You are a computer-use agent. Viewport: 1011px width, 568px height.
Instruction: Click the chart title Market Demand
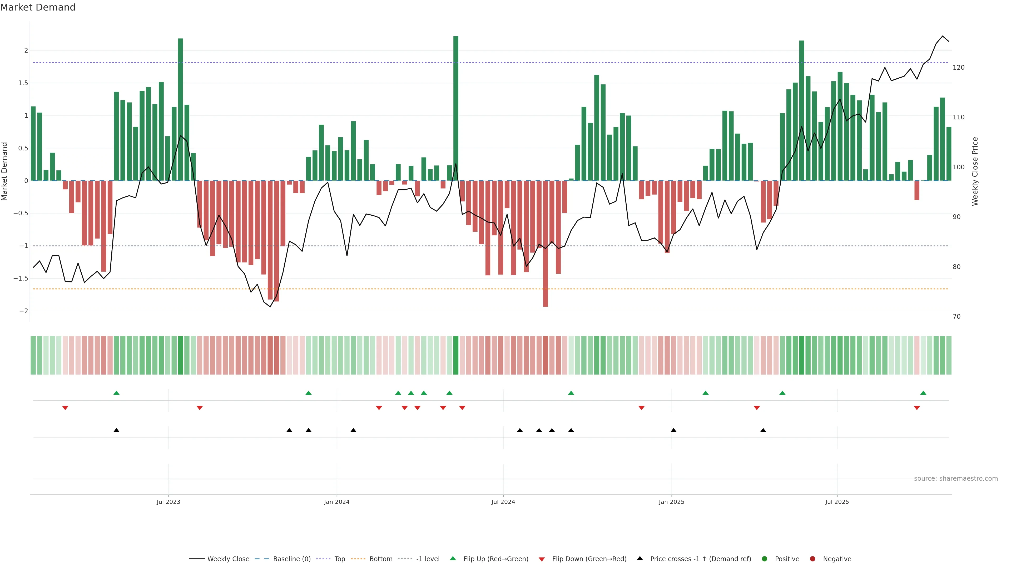(x=38, y=7)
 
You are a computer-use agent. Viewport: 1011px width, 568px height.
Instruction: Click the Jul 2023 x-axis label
(x=168, y=502)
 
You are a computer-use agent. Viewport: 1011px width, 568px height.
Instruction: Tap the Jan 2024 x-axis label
(x=336, y=502)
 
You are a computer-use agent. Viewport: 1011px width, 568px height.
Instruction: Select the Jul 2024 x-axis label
(x=503, y=502)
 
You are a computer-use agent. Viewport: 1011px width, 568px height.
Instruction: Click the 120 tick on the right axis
(x=958, y=67)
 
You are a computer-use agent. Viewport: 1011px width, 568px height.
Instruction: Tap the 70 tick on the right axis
(x=957, y=317)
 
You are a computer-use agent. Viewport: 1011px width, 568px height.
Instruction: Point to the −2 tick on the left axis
(x=23, y=311)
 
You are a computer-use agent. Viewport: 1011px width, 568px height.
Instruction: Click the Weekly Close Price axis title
(x=975, y=171)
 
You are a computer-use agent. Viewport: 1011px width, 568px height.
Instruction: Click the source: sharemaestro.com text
(x=956, y=479)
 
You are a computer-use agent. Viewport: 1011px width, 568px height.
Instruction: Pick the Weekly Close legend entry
(x=228, y=559)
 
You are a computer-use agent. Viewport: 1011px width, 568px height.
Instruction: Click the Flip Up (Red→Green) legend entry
(x=495, y=559)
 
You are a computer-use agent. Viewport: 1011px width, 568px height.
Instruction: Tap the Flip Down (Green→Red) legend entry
(x=589, y=559)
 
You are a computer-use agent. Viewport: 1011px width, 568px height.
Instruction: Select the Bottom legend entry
(x=380, y=559)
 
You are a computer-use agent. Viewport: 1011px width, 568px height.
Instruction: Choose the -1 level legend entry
(x=427, y=559)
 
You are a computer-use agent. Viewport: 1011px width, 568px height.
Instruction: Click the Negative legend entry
(x=837, y=559)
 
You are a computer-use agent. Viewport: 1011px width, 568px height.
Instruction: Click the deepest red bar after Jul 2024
(x=545, y=243)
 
